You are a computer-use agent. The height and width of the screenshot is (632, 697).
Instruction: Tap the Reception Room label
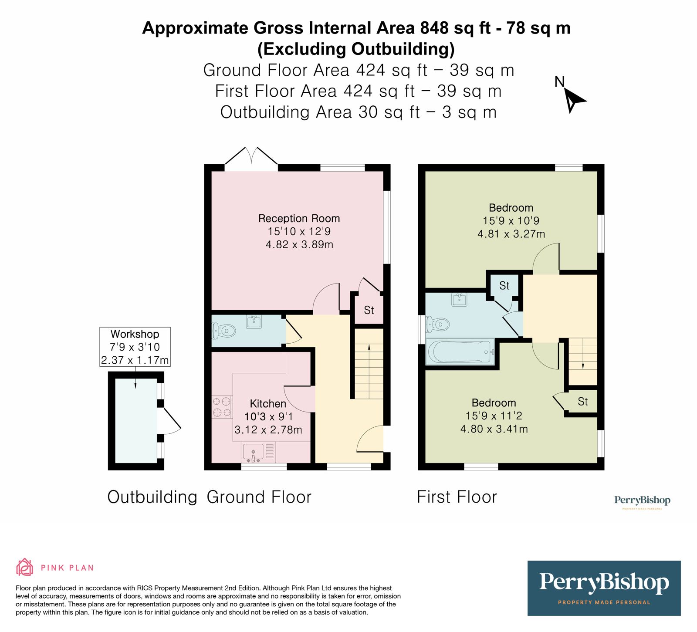click(x=299, y=218)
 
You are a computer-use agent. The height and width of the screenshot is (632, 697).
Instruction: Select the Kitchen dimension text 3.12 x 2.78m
click(x=268, y=430)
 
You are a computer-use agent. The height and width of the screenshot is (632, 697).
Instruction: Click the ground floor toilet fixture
click(x=223, y=331)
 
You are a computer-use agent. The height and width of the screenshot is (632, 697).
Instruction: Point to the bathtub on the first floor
click(x=460, y=351)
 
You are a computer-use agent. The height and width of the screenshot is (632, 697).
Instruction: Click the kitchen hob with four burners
click(x=222, y=407)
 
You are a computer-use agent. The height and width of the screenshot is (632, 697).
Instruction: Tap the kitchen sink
click(x=253, y=452)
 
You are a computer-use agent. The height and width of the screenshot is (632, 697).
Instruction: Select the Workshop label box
click(x=135, y=347)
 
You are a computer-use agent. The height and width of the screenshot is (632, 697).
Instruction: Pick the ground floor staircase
click(x=369, y=364)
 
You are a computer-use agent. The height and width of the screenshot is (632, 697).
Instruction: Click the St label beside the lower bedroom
click(x=582, y=402)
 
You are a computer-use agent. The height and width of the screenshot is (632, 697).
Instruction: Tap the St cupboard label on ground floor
click(x=369, y=310)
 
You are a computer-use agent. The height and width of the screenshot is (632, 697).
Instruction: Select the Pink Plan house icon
click(x=24, y=567)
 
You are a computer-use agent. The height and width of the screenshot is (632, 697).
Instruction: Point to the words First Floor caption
click(x=457, y=497)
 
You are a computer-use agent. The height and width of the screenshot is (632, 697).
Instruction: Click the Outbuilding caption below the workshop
click(x=152, y=497)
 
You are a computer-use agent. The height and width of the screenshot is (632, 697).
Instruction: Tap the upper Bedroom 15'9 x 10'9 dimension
click(x=511, y=221)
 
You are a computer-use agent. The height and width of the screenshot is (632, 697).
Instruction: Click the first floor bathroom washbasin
click(x=459, y=300)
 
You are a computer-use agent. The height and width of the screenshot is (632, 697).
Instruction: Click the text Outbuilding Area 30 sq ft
click(x=320, y=112)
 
